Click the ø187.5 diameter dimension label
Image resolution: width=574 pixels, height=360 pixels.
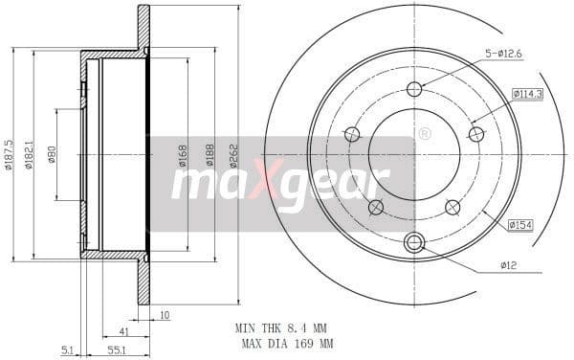(9, 154)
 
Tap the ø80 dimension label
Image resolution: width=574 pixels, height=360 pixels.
(52, 154)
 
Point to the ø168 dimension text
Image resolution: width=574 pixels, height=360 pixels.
(182, 154)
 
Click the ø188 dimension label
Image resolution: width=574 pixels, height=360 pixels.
(210, 154)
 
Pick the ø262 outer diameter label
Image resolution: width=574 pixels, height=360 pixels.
(232, 154)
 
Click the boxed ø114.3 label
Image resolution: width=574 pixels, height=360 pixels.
(527, 94)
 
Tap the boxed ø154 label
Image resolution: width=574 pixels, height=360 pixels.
(520, 225)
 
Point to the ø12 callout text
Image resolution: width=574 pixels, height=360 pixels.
(508, 264)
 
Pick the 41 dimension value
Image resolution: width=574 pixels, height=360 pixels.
(125, 330)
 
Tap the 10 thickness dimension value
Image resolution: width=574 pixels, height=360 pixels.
(165, 315)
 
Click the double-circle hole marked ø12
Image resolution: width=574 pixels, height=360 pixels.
(414, 242)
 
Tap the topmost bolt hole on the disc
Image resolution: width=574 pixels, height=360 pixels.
(414, 90)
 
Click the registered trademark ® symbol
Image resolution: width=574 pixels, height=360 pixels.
(424, 134)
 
